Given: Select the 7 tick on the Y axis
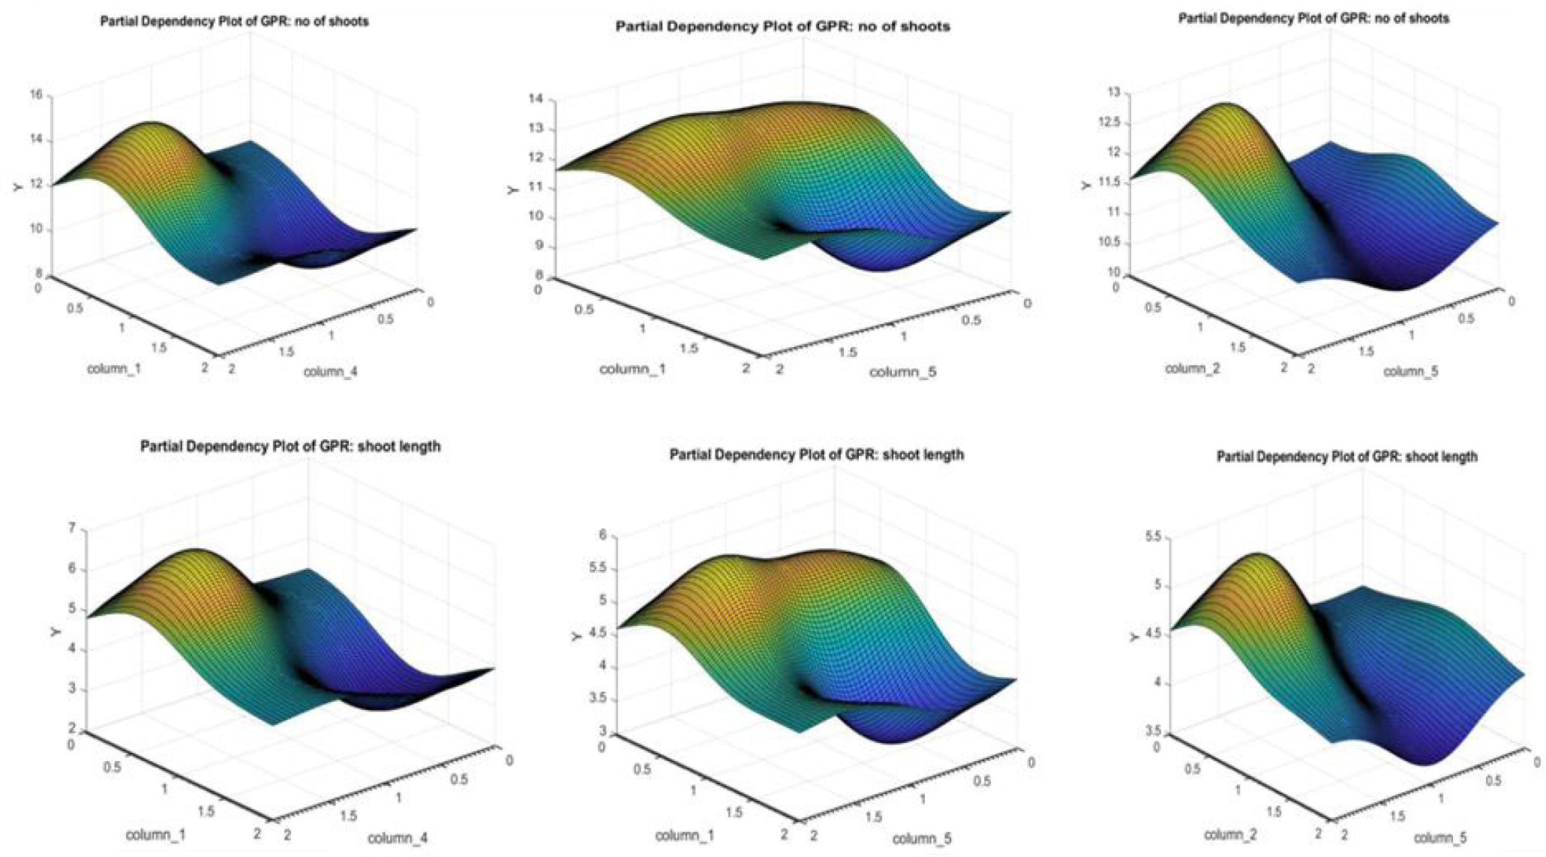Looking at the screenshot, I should click(72, 529).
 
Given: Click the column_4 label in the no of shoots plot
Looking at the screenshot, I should click(330, 371).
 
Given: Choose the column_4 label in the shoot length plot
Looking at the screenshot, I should click(398, 838).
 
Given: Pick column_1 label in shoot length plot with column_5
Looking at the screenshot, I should click(684, 835).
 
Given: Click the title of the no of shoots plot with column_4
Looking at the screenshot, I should click(234, 22).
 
